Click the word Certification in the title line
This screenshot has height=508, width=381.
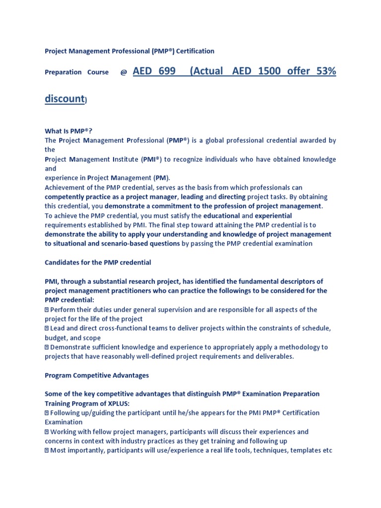pos(193,51)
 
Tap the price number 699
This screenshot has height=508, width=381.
pos(167,71)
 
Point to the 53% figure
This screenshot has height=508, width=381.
pos(326,71)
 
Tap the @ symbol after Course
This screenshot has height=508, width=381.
pos(124,72)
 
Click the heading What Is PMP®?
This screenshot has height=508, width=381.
pos(69,131)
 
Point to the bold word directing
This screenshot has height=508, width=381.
pos(232,197)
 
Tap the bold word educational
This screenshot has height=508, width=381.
pos(222,216)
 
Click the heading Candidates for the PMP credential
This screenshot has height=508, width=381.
pos(98,262)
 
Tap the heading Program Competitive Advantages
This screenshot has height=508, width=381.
pos(97,375)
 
